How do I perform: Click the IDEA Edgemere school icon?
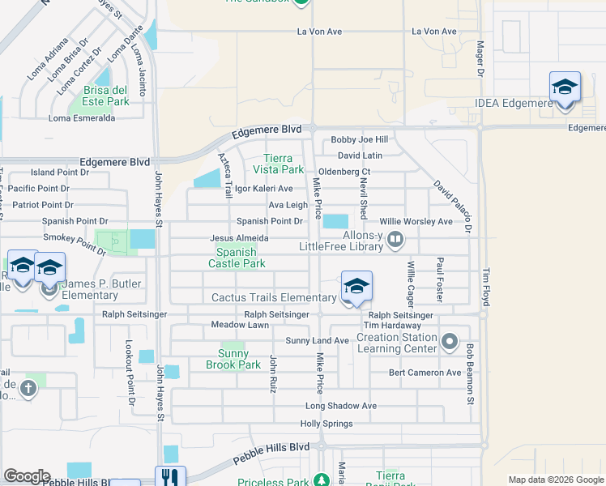(x=564, y=87)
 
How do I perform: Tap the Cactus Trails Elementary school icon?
(x=356, y=287)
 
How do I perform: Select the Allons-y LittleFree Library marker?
(x=395, y=239)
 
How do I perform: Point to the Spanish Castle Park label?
(x=237, y=258)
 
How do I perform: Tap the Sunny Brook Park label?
(x=239, y=359)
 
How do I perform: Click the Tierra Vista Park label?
(x=284, y=164)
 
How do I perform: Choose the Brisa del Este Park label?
(x=106, y=96)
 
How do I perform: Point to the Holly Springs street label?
(x=326, y=424)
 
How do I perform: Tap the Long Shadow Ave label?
(x=341, y=406)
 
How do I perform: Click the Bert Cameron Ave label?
(x=425, y=373)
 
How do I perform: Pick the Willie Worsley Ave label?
(x=416, y=221)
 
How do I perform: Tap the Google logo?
(x=26, y=476)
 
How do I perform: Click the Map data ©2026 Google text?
(x=555, y=480)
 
